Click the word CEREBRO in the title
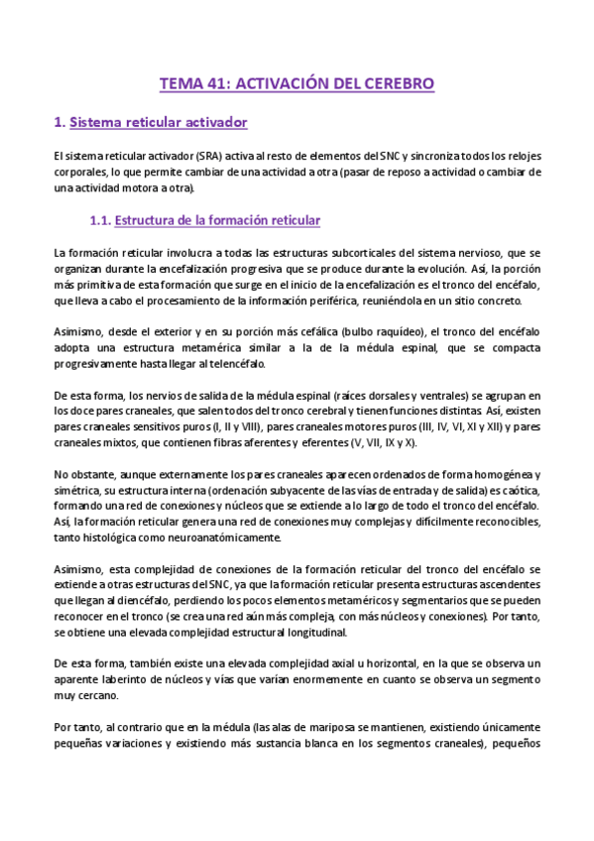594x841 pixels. pyautogui.click(x=399, y=84)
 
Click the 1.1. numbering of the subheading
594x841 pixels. pyautogui.click(x=100, y=219)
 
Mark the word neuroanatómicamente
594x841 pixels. pyautogui.click(x=220, y=538)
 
